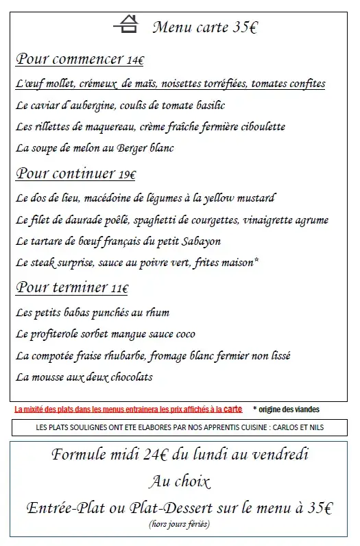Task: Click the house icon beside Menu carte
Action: click(x=126, y=25)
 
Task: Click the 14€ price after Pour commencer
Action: click(x=135, y=61)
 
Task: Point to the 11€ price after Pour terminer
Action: click(x=119, y=289)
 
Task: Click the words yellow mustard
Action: click(x=239, y=198)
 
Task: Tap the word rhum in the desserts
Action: click(x=156, y=313)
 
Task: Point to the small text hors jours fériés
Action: click(x=179, y=524)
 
